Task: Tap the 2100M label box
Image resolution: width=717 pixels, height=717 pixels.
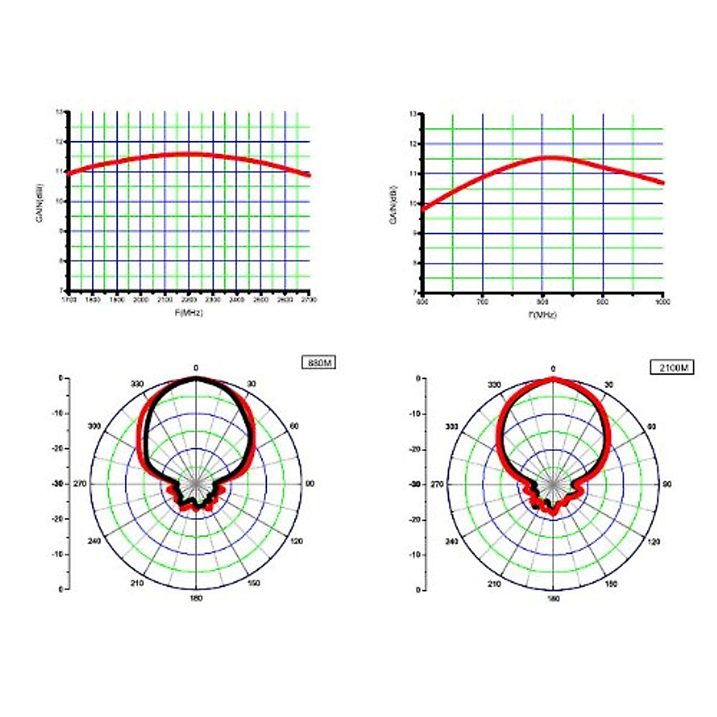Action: pos(672,367)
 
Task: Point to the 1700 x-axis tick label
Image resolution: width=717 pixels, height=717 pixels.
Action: pos(69,299)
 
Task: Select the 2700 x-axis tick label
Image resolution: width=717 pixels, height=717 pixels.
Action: pos(310,299)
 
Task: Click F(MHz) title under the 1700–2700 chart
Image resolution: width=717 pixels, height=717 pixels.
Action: pos(189,312)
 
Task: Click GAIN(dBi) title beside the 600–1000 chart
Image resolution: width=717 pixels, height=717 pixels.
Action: pos(394,204)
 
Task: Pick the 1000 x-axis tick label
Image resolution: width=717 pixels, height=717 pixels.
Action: pos(663,302)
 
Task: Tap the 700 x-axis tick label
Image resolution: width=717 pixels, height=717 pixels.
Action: pos(482,302)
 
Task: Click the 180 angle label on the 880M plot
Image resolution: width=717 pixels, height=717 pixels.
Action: pos(196,598)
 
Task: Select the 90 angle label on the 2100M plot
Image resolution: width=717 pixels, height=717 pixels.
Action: pos(666,484)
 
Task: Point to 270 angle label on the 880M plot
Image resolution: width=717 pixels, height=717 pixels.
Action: pos(80,483)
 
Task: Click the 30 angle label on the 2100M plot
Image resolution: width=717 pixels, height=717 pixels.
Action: pos(609,384)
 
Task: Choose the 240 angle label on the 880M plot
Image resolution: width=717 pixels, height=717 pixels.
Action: pos(94,541)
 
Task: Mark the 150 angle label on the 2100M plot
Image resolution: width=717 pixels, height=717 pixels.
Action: pos(611,584)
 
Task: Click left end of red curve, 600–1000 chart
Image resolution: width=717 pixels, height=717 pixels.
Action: pos(424,209)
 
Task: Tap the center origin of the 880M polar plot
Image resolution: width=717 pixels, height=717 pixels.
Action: pos(196,483)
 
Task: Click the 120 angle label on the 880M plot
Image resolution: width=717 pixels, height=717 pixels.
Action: pos(297,541)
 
